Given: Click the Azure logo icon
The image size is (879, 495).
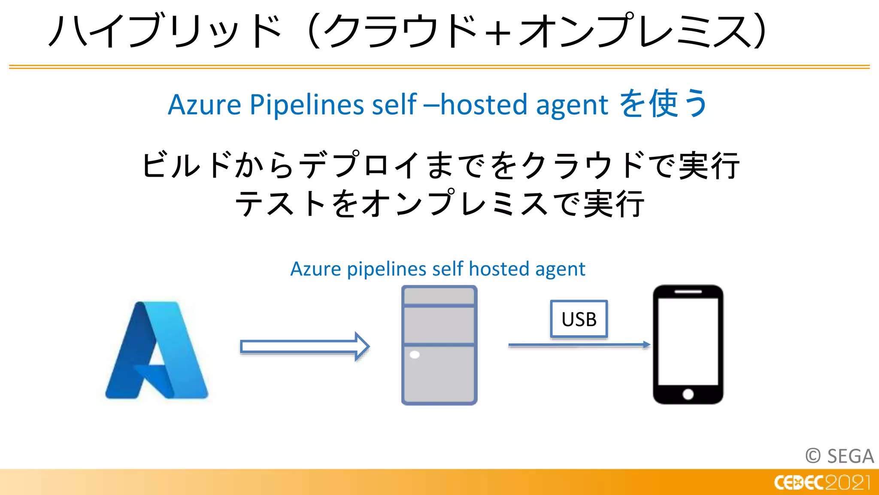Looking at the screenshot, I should [x=157, y=350].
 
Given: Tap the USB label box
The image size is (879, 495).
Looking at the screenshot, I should [x=579, y=319].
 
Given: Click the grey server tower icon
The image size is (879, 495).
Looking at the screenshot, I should [x=439, y=345].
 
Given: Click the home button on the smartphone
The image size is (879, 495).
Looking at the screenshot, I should [x=688, y=394].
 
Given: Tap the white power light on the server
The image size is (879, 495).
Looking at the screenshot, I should [x=415, y=355].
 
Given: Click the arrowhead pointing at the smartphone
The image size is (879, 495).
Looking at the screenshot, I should [x=646, y=344].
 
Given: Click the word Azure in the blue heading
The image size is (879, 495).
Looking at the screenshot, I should [x=204, y=104].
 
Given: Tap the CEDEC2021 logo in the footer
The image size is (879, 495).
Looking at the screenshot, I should [x=822, y=483].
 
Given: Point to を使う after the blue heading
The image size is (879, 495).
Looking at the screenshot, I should [x=663, y=104].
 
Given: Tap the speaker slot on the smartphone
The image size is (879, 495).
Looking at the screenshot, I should [x=688, y=292].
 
